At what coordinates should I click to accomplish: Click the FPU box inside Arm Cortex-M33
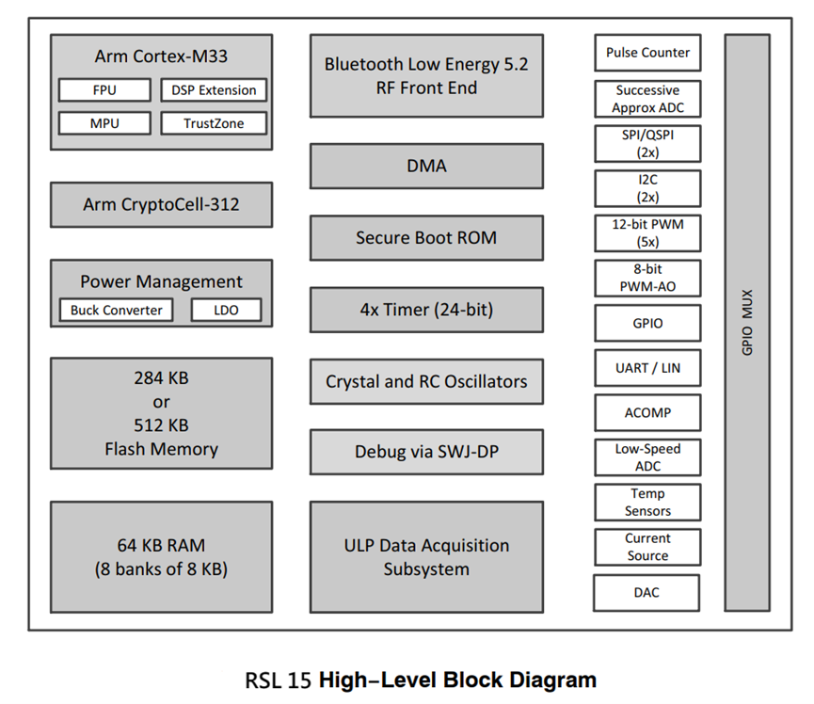click(x=104, y=90)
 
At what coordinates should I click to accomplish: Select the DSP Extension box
click(x=214, y=90)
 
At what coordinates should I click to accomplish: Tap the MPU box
click(x=104, y=123)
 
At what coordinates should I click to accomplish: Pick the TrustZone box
click(x=213, y=123)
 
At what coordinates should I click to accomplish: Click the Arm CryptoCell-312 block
click(x=161, y=204)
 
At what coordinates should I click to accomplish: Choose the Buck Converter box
click(x=116, y=310)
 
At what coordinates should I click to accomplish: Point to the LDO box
click(x=226, y=310)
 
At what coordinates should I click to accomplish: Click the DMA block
click(x=426, y=166)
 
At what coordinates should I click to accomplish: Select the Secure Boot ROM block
click(x=426, y=238)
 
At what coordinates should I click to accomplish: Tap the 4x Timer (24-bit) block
click(x=426, y=310)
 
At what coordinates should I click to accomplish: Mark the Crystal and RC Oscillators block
click(x=426, y=381)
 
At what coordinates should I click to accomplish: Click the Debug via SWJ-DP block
click(x=426, y=452)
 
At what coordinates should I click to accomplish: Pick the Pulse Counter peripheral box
click(x=647, y=53)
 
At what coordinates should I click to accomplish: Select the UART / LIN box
click(x=647, y=368)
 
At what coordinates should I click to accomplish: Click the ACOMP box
click(x=647, y=412)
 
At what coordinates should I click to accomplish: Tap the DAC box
click(x=647, y=593)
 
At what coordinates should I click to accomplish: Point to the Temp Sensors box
click(x=647, y=503)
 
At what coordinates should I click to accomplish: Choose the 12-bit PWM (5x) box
click(x=647, y=233)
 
